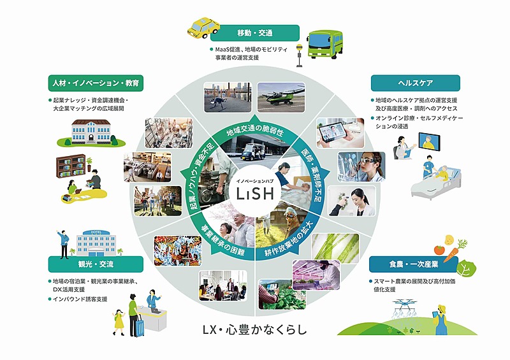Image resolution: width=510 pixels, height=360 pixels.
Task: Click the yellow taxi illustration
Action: [x=203, y=27]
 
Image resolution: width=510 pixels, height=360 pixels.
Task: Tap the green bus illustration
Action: [x=324, y=45]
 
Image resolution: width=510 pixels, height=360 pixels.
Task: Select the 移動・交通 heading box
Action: [x=254, y=33]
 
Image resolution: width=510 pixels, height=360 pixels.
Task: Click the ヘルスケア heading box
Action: [x=416, y=83]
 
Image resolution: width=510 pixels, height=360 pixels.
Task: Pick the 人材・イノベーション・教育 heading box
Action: [x=96, y=83]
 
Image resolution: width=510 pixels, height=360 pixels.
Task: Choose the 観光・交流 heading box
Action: [x=96, y=264]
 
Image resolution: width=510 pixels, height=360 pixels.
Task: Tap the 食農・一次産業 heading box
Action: [x=413, y=264]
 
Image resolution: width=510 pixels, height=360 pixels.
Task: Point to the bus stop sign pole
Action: [x=298, y=56]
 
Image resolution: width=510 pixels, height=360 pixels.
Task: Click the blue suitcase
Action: [x=139, y=326]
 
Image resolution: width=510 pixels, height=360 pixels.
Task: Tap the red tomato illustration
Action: [x=439, y=250]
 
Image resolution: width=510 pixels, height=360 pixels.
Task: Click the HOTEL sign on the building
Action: [x=96, y=232]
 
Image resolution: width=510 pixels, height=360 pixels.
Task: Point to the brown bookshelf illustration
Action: [x=71, y=166]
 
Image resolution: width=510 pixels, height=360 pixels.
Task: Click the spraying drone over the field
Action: [x=405, y=305]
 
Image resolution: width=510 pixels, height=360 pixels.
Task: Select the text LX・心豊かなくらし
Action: [x=254, y=329]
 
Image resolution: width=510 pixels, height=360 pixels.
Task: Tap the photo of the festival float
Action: [x=178, y=251]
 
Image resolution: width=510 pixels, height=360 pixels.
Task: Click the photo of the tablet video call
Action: [x=340, y=133]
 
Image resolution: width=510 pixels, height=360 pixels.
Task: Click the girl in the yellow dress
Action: [x=119, y=322]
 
